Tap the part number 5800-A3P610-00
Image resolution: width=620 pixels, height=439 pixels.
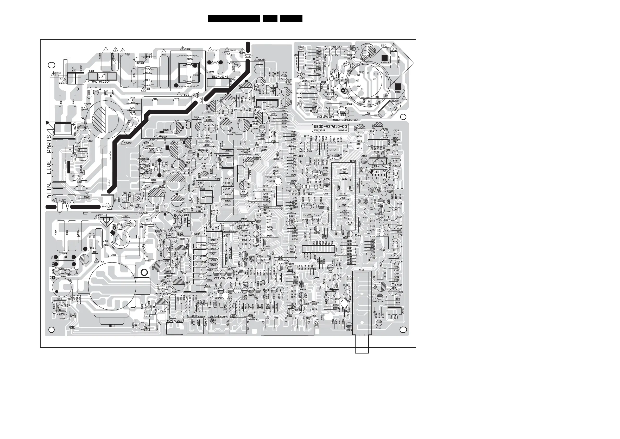(x=330, y=127)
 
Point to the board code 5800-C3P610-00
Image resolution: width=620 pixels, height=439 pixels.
(x=345, y=120)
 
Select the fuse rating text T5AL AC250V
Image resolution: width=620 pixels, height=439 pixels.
(x=102, y=81)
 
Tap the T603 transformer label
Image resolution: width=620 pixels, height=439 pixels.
(x=185, y=95)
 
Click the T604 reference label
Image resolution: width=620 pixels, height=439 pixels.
(x=129, y=143)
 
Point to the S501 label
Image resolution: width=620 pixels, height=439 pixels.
(x=384, y=46)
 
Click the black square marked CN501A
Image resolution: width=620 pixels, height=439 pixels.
(x=384, y=58)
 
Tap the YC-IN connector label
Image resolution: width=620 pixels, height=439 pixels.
(x=171, y=321)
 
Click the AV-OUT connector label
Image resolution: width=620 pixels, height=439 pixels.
(x=192, y=316)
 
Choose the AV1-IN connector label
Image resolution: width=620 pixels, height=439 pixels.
(x=216, y=316)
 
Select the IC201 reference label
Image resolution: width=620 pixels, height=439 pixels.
(x=353, y=161)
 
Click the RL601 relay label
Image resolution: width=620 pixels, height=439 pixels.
(x=262, y=60)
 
